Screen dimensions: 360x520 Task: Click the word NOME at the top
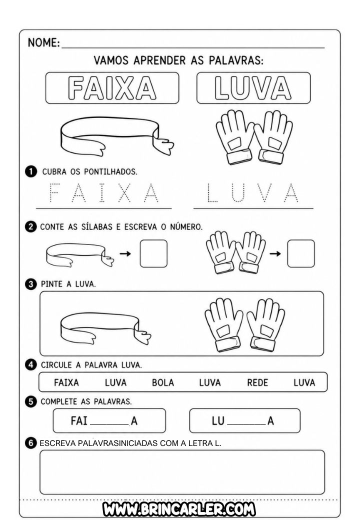click(43, 42)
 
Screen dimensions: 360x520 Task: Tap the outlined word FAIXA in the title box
click(112, 88)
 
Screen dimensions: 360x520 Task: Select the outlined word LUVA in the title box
click(253, 88)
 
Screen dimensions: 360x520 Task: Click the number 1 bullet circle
click(31, 171)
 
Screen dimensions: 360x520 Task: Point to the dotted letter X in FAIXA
click(124, 192)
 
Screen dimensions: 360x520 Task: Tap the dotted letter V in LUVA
click(264, 192)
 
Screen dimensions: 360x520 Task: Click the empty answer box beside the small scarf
click(153, 253)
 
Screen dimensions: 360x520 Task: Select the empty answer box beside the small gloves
click(301, 253)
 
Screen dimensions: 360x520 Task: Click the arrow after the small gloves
click(275, 253)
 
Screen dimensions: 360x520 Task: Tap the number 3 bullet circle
click(31, 284)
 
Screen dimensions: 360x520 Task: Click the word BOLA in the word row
click(163, 382)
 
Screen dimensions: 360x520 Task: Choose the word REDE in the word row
click(257, 382)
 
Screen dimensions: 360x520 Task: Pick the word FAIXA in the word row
click(66, 382)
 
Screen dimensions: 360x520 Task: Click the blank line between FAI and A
click(109, 425)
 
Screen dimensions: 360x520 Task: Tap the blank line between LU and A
click(246, 425)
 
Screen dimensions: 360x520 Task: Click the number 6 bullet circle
click(31, 442)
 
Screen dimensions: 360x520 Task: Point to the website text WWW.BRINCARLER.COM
click(179, 509)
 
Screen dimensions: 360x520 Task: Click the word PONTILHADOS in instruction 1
click(110, 172)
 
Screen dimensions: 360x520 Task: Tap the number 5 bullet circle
click(31, 401)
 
